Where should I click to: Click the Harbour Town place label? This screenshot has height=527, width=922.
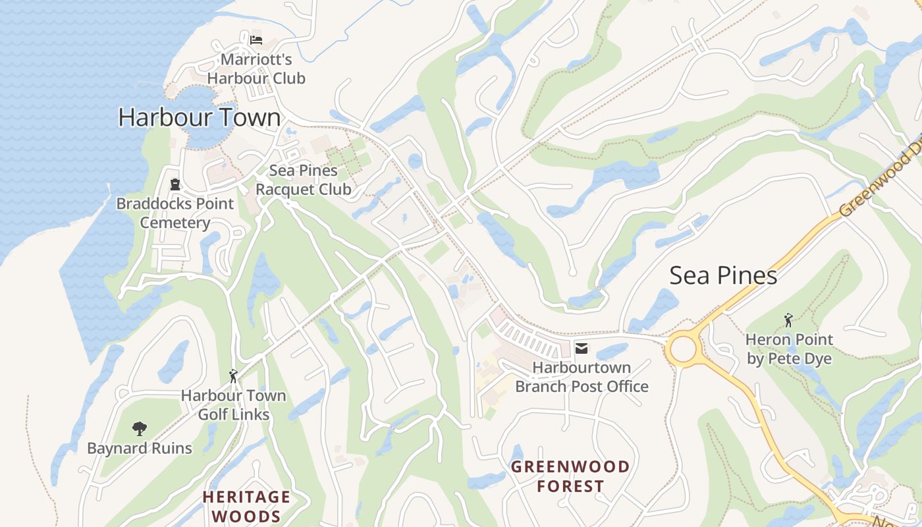pos(199,117)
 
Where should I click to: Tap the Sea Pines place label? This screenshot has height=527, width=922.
pos(723,275)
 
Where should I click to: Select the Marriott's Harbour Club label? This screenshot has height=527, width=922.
pos(256,69)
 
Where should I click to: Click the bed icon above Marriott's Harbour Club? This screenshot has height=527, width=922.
pos(256,40)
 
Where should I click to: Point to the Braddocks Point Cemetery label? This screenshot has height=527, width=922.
pos(175,213)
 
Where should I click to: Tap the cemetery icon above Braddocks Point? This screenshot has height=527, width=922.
pos(175,184)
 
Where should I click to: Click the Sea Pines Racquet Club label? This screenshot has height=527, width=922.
pos(303,180)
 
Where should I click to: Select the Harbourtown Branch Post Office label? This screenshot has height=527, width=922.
pos(582,377)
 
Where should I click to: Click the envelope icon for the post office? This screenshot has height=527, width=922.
pos(582,348)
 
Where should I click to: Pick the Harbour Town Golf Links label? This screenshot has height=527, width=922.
pos(234,404)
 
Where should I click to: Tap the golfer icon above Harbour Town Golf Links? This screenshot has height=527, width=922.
pos(233,376)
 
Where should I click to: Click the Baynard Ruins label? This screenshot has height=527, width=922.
pos(140,449)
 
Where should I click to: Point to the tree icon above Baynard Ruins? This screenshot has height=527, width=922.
pos(139,429)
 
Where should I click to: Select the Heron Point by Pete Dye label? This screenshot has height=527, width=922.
pos(789,349)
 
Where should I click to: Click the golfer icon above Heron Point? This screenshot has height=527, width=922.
pos(788,321)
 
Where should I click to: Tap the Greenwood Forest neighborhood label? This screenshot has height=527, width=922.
pos(570,476)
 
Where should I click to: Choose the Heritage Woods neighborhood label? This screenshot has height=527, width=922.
pos(246,506)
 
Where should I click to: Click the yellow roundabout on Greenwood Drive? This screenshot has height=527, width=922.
pos(683,349)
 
